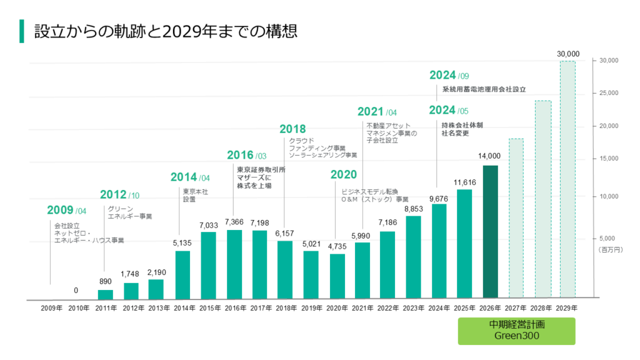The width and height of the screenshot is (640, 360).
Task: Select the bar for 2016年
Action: [x=234, y=264]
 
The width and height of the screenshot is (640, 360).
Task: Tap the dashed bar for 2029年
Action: [x=567, y=179]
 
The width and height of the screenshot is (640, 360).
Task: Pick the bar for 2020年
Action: [x=337, y=276]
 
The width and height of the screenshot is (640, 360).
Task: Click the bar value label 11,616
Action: [x=465, y=182]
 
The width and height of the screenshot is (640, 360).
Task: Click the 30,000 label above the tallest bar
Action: [x=568, y=54]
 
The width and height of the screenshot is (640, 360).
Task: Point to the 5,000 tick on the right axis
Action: [x=607, y=238]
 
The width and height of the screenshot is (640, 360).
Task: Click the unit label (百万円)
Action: [x=608, y=249]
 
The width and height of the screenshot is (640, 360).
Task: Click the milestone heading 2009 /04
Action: [x=67, y=210]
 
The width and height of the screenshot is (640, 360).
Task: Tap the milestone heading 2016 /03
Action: [x=246, y=155]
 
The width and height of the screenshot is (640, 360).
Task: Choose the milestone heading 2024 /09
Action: [x=449, y=76]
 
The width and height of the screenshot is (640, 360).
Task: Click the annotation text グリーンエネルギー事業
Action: [x=129, y=212]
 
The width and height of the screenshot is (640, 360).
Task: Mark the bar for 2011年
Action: [x=106, y=294]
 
